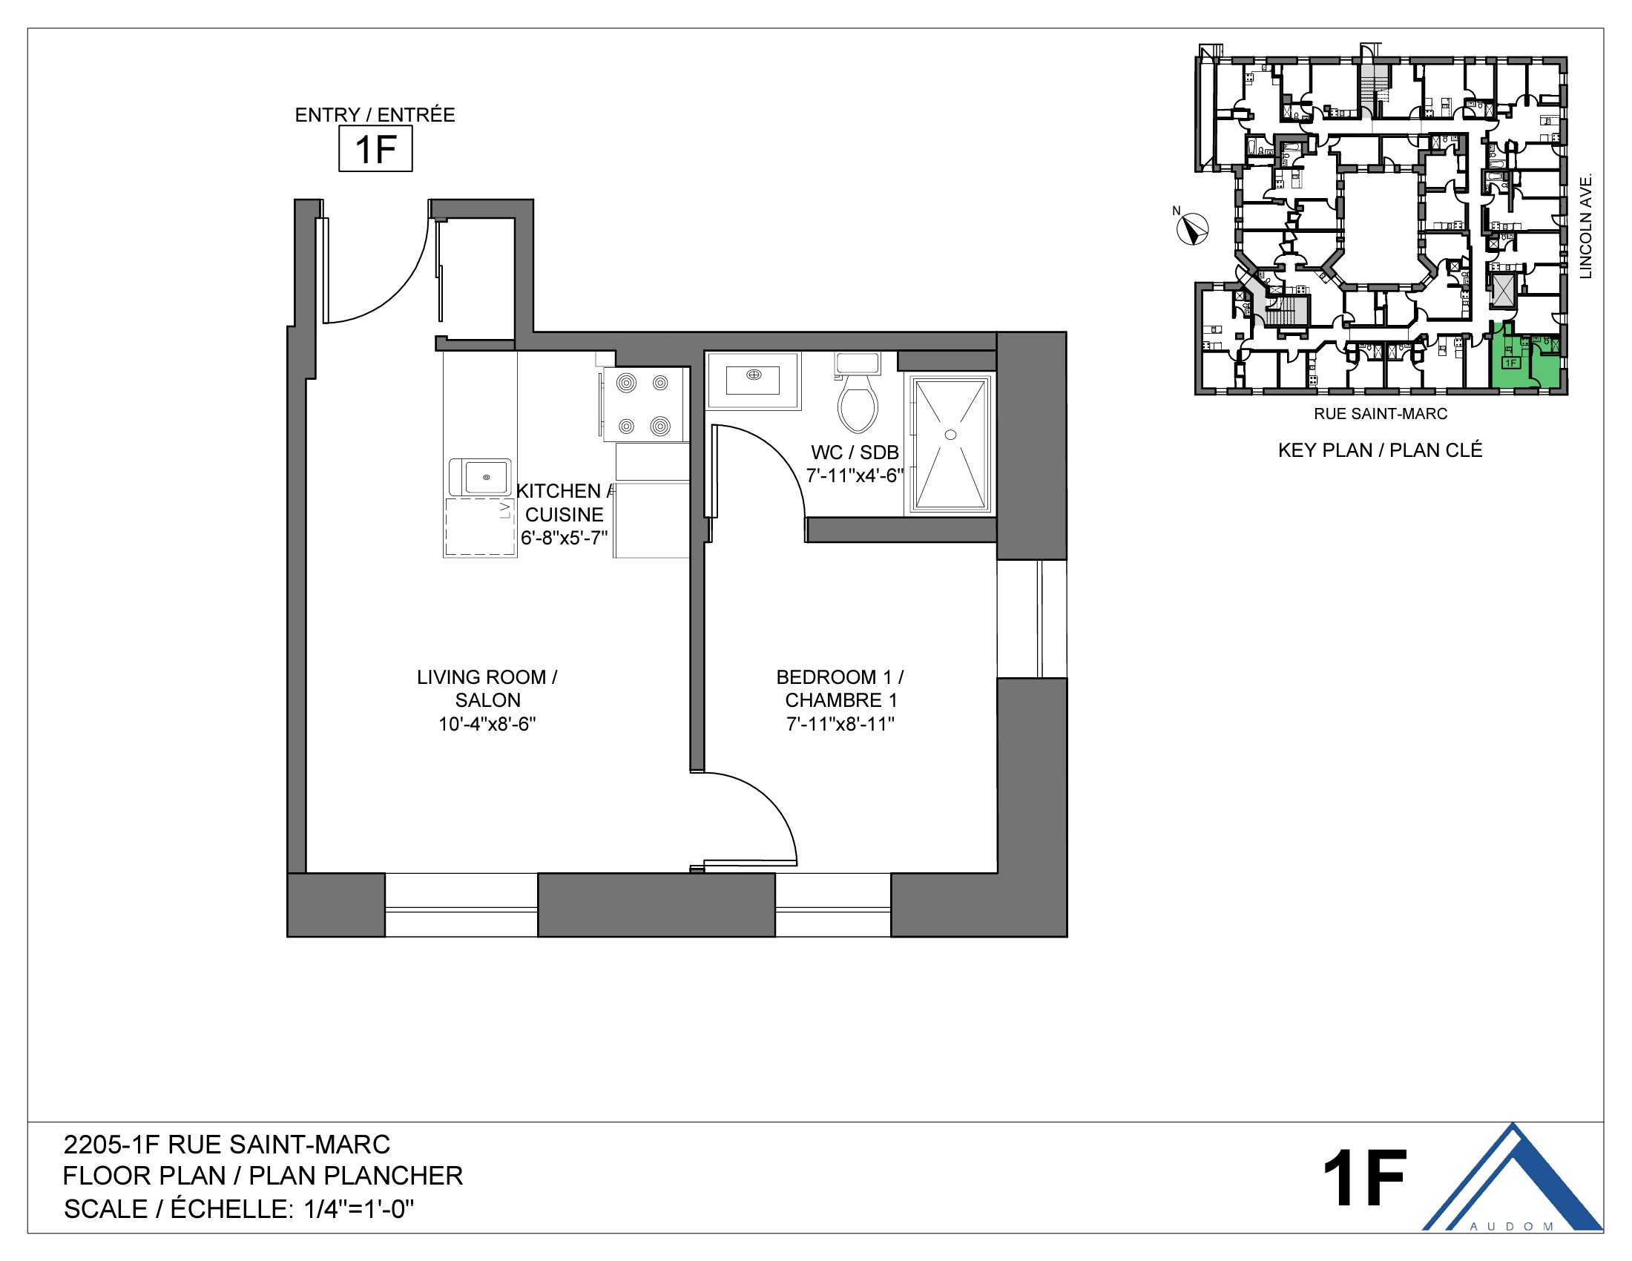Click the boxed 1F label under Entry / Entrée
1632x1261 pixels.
pos(375,148)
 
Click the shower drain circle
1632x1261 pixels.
pos(950,435)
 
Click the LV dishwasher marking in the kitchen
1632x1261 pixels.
pos(504,510)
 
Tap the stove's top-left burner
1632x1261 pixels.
pos(626,383)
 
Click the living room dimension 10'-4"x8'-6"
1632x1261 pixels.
pos(487,724)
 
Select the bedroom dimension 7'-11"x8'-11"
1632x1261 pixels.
pos(840,724)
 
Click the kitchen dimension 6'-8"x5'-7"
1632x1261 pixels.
pos(565,538)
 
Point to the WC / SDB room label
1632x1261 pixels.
pos(855,452)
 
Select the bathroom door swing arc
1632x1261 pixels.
pos(781,455)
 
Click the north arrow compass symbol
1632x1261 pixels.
pos(1193,228)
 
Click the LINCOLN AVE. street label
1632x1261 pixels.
pos(1586,225)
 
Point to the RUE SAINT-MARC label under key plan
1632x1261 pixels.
pos(1381,414)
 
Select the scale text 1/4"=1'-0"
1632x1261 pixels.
pos(359,1209)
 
